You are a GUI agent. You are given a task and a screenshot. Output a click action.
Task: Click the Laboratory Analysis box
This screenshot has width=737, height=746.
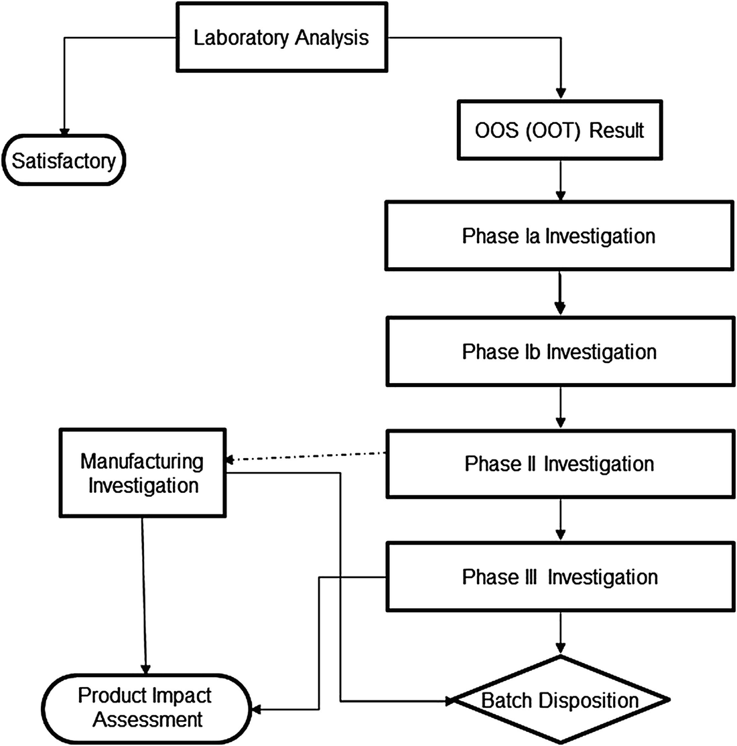pos(281,38)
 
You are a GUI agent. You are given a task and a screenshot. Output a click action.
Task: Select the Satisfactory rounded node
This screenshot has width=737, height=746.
pos(64,161)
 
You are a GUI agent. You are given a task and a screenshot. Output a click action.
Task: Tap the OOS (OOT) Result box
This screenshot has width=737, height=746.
pos(559,130)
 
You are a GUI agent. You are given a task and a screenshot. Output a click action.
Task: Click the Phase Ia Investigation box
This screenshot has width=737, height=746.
pos(559,236)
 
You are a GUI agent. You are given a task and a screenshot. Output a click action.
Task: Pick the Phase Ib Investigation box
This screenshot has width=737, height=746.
pos(559,352)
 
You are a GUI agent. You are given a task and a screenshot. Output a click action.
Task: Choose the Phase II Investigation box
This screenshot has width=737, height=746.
pos(559,464)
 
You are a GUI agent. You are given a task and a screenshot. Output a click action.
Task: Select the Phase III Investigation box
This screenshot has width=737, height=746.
pos(559,577)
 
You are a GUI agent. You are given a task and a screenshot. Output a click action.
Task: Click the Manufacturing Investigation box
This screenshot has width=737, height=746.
pos(143,473)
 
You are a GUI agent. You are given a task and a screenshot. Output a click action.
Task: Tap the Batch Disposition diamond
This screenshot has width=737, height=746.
pos(559,700)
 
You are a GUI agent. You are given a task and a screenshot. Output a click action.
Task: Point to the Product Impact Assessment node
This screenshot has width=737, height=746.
pos(147,707)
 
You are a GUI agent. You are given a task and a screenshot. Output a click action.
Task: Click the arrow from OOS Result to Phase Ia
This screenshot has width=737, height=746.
pos(559,181)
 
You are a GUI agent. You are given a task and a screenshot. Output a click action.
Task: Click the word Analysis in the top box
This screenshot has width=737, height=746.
pos(332,38)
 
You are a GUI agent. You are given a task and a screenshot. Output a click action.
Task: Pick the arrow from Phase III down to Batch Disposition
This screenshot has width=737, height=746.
pos(559,633)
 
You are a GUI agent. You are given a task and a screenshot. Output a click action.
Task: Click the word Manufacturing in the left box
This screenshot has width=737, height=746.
pos(141,461)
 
